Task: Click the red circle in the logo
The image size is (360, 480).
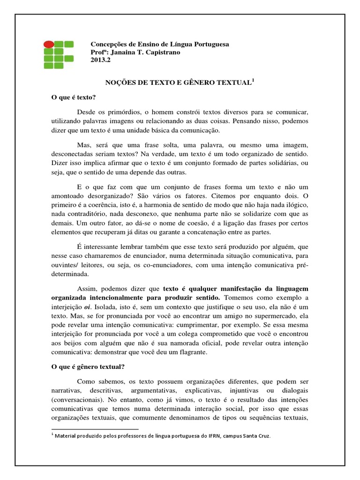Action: click(48, 45)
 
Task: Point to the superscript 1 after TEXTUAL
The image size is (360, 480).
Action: click(253, 80)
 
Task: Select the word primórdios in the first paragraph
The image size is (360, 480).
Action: click(122, 112)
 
